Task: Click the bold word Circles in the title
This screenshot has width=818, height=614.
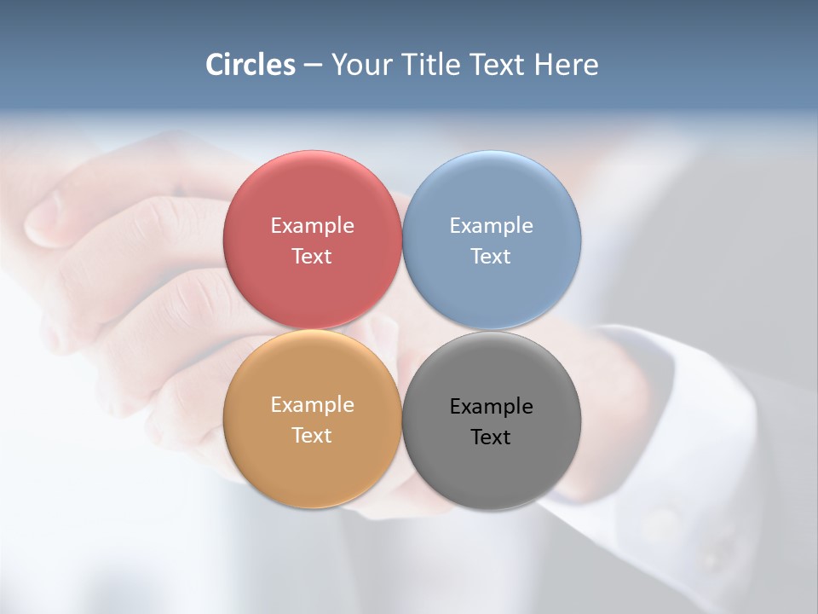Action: tap(251, 65)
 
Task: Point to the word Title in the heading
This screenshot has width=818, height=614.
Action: tap(433, 65)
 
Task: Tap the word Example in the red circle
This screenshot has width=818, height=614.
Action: tap(312, 226)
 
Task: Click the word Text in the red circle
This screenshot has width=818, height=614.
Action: tap(312, 257)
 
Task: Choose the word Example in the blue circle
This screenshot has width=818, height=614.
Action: tap(491, 226)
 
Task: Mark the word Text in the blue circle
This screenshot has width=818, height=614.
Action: tap(491, 257)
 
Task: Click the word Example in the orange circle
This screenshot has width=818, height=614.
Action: tap(312, 405)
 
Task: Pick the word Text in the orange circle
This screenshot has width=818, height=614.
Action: tap(312, 436)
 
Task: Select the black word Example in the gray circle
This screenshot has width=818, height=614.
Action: tap(491, 407)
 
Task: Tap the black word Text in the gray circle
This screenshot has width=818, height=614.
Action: tap(491, 437)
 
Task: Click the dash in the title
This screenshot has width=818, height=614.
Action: tap(313, 66)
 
